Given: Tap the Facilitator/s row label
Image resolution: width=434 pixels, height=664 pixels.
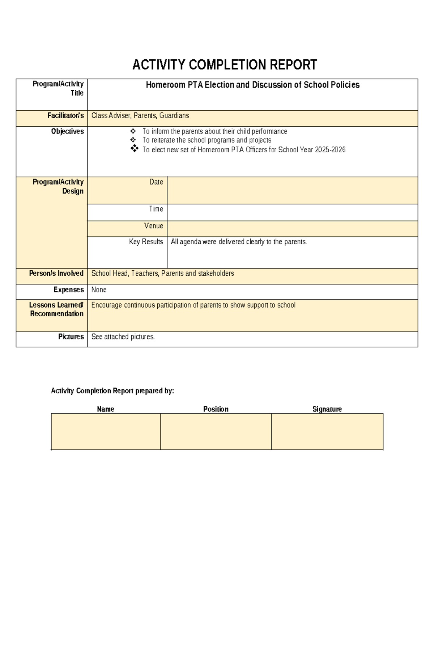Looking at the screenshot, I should [x=65, y=116].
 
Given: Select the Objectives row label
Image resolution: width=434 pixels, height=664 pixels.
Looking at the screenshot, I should [x=67, y=132].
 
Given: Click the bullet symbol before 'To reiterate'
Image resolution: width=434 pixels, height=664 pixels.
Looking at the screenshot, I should [x=133, y=140].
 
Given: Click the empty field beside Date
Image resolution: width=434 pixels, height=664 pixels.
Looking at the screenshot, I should [x=292, y=190].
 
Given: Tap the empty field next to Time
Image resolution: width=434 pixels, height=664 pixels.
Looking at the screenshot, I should [x=292, y=212].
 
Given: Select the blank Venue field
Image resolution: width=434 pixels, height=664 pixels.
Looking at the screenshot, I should [x=292, y=229].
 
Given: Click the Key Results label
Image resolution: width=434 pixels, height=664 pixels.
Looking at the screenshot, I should [x=146, y=242].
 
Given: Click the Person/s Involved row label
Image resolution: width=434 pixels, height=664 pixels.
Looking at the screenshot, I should [x=56, y=274].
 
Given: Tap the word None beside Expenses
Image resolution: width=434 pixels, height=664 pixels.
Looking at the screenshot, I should [x=99, y=290].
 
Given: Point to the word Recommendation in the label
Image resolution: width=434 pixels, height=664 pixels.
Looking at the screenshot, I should [x=57, y=314].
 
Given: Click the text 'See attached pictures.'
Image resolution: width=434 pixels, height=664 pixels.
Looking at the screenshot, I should [x=123, y=337].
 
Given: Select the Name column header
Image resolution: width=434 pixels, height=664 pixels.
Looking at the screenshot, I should [x=105, y=409].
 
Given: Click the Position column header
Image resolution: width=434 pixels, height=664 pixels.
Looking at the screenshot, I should [x=216, y=409].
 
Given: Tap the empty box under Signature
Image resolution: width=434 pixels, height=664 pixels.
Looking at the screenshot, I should [x=327, y=432].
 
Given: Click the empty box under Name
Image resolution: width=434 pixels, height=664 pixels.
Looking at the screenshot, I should [x=106, y=432].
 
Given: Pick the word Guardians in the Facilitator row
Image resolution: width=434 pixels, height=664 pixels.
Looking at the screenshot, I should [x=174, y=116].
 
